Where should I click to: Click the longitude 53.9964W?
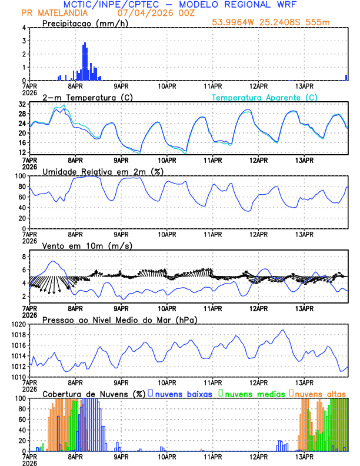235,23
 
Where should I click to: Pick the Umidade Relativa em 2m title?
102,171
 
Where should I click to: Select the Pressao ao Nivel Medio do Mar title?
119,319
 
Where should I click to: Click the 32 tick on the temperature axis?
21,104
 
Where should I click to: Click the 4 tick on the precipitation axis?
24,28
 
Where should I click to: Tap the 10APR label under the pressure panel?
167,382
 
